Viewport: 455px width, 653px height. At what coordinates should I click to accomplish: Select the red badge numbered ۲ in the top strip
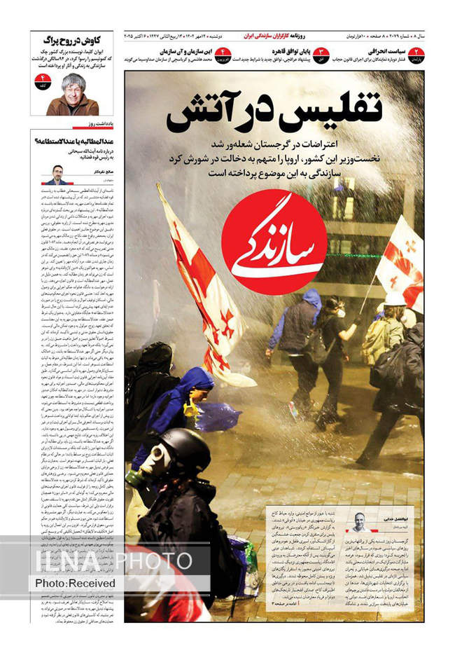(416, 55)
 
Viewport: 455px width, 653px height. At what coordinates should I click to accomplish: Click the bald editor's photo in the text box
(359, 522)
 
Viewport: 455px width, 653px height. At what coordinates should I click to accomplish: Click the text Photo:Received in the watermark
(76, 582)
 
